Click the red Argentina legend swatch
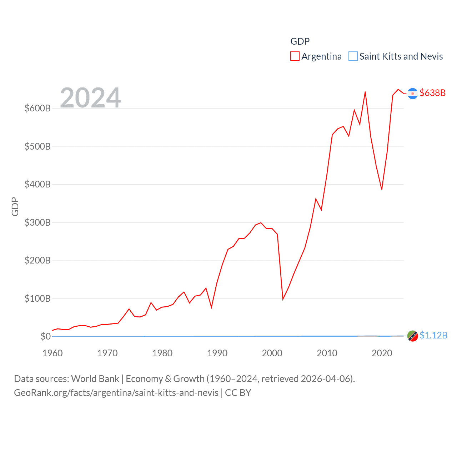click(295, 56)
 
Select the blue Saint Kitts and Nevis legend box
click(353, 56)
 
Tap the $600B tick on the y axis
click(37, 108)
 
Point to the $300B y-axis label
click(37, 222)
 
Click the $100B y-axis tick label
click(37, 298)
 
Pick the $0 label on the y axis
click(45, 336)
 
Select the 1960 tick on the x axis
click(52, 353)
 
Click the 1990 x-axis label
click(217, 353)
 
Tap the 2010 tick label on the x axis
click(327, 353)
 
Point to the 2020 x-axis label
click(382, 353)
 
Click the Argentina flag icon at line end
click(412, 93)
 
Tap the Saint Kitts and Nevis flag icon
click(412, 336)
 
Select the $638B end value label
click(433, 93)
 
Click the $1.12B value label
click(433, 335)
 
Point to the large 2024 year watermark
click(90, 97)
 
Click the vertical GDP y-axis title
click(15, 206)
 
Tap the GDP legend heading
click(300, 41)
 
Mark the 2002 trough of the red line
click(283, 299)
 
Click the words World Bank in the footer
click(95, 379)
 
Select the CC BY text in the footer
click(238, 393)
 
